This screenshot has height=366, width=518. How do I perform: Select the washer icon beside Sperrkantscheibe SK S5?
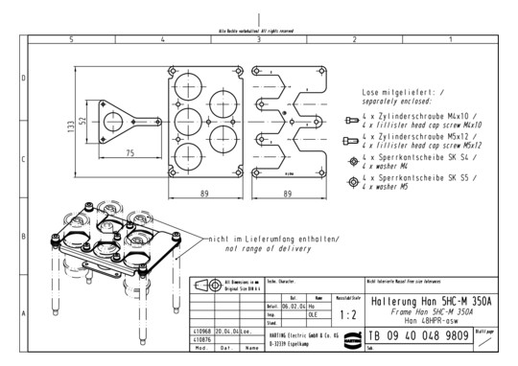tap(352, 181)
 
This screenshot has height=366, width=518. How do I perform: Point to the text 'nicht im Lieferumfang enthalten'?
tap(268, 238)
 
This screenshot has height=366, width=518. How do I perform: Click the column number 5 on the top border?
tap(71, 40)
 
